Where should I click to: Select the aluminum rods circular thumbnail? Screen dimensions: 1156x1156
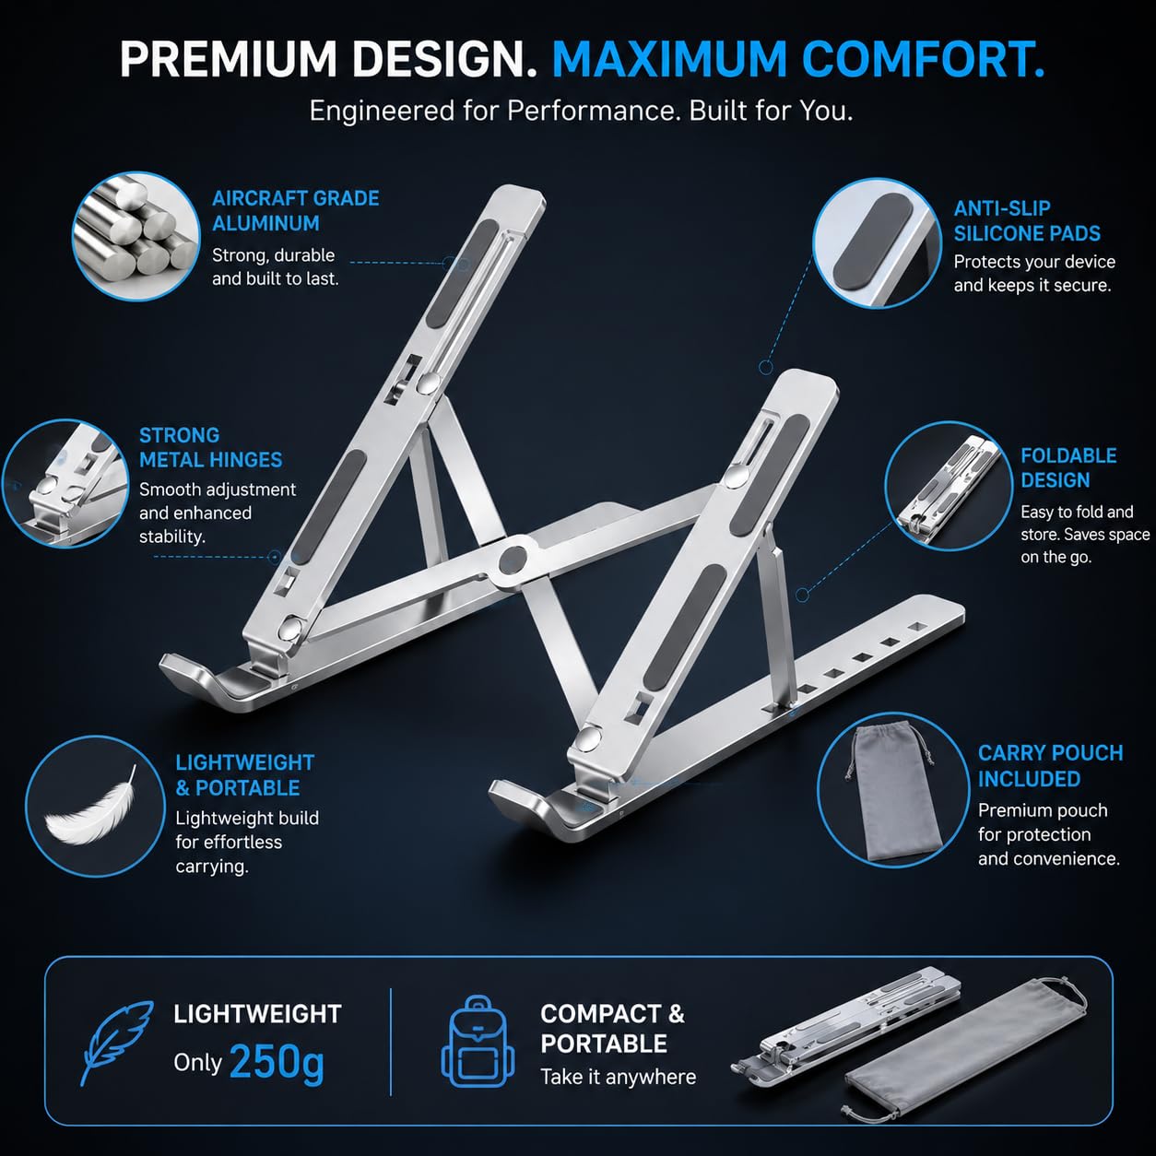click(135, 236)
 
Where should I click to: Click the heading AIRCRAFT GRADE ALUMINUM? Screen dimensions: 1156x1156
click(295, 210)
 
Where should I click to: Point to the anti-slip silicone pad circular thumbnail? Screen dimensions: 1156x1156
click(877, 242)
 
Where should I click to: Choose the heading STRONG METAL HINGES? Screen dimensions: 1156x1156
click(210, 447)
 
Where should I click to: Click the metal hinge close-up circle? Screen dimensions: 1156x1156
click(65, 484)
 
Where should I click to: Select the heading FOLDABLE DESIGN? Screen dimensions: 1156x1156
click(1068, 467)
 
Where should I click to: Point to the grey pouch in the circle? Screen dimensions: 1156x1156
click(891, 791)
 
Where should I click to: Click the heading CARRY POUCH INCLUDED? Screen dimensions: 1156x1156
click(1050, 765)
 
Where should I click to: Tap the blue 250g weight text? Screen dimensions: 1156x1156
click(277, 1062)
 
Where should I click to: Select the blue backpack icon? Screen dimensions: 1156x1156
click(478, 1042)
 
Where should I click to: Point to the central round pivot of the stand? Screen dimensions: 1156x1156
click(513, 560)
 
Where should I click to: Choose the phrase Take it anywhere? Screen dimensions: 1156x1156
click(618, 1077)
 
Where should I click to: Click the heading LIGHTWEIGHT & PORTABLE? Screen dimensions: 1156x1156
click(245, 774)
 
